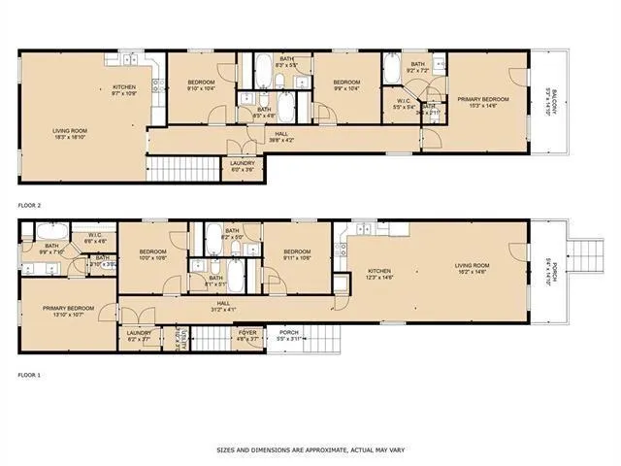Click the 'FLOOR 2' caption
(30, 206)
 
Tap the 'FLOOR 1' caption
(30, 374)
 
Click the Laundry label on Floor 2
(242, 166)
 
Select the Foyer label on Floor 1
(247, 335)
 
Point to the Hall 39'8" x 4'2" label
(281, 137)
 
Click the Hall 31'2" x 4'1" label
(223, 306)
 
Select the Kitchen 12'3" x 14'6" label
(379, 275)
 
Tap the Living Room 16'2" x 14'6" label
(474, 269)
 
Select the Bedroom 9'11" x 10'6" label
(296, 254)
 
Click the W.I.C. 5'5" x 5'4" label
(402, 106)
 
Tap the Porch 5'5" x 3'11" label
(289, 335)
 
